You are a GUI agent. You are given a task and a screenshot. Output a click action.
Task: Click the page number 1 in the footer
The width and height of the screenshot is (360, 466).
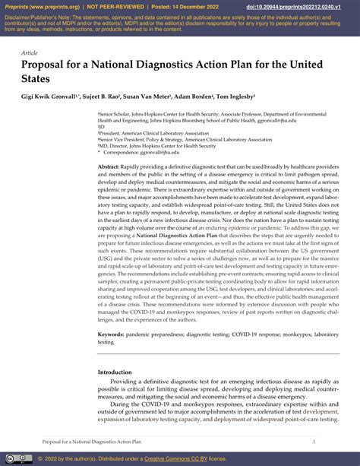(x=313, y=441)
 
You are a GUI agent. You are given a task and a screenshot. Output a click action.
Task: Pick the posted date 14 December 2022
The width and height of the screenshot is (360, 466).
(x=207, y=5)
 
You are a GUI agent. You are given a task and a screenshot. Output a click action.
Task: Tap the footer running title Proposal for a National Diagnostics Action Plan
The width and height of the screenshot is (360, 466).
(x=92, y=441)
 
